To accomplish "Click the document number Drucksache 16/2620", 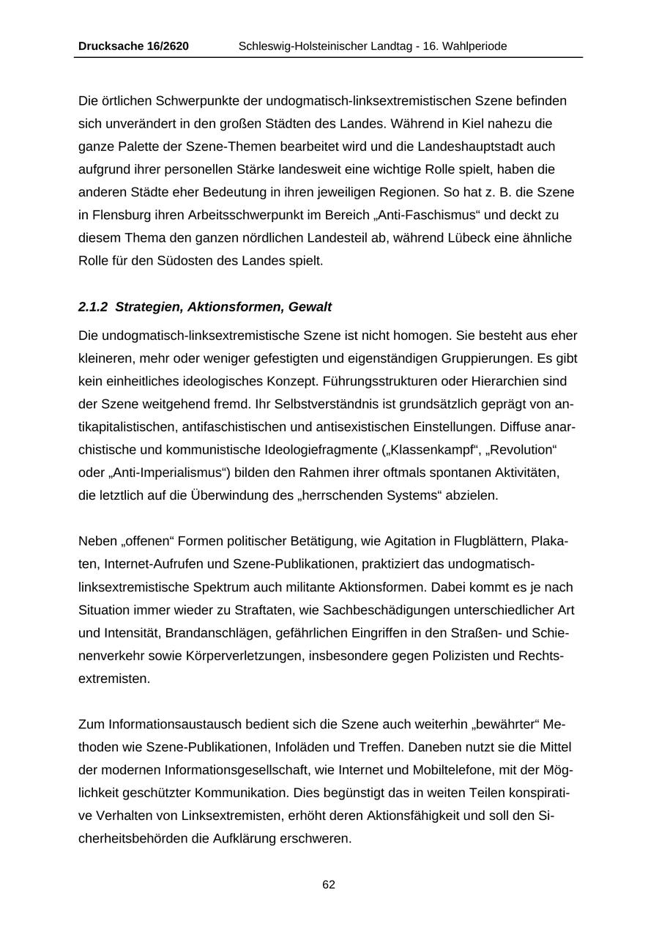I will pos(133,46).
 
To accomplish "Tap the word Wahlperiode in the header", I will pos(474,46).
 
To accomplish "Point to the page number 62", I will pos(329,884).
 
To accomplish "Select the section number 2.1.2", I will pos(93,306).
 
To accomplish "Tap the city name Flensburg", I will pos(122,215).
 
